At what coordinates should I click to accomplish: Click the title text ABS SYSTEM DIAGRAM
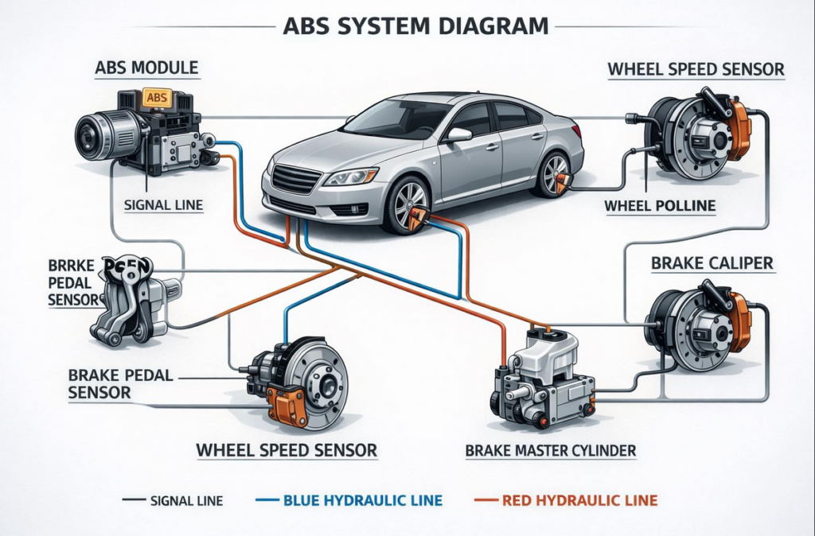[415, 25]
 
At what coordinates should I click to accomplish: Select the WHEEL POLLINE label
[660, 206]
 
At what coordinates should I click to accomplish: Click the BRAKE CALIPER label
[712, 262]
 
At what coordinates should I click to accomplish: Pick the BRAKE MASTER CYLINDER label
[550, 451]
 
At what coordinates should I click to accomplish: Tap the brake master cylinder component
[544, 374]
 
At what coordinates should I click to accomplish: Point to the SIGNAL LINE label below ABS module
[163, 205]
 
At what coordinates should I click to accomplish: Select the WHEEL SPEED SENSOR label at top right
[696, 69]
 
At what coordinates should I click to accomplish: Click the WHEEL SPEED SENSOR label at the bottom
[287, 451]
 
